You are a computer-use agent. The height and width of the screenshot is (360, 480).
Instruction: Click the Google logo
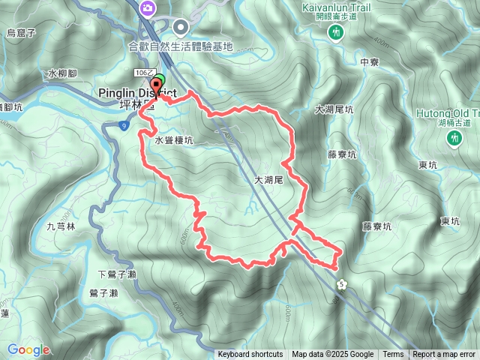coord(28,349)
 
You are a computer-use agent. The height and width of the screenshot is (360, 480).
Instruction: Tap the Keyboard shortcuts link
coord(250,355)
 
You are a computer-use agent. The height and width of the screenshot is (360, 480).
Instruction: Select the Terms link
coord(393,355)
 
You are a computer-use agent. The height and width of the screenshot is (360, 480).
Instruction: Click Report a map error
coord(444,355)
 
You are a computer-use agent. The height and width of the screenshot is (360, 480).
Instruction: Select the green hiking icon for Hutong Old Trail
coord(454,139)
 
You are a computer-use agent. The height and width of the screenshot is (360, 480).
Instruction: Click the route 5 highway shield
coord(342,284)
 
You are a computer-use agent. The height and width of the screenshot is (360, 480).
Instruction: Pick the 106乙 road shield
coord(144,71)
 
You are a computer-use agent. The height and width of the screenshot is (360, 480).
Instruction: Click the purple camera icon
coord(148,7)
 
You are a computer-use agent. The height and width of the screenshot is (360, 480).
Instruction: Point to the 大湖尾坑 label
coord(334,109)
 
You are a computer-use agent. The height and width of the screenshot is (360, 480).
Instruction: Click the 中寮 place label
coord(369,62)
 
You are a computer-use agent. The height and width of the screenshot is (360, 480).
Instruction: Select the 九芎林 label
coord(61,226)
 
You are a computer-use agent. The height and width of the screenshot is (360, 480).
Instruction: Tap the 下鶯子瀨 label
coord(117,274)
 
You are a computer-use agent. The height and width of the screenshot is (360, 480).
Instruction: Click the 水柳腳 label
coord(63,73)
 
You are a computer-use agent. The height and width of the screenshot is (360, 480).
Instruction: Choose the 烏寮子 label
coord(21,33)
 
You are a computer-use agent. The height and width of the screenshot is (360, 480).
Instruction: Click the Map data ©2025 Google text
coord(333,355)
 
